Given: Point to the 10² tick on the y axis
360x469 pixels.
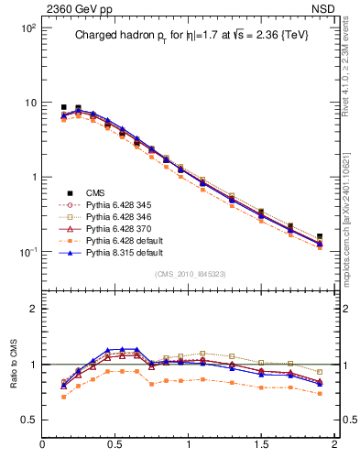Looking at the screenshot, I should (27, 28).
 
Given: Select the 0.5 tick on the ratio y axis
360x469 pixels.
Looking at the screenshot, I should (28, 420).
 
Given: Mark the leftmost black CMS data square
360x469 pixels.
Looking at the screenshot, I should (63, 107).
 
